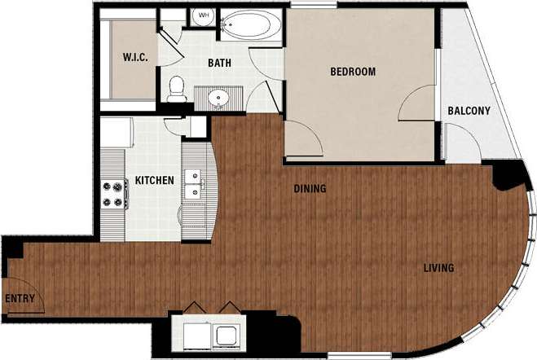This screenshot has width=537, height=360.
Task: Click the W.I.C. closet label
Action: click(x=134, y=57)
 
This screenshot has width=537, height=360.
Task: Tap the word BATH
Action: click(x=219, y=63)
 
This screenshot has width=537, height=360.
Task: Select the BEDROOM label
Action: click(x=352, y=72)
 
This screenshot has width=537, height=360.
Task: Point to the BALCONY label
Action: click(x=469, y=111)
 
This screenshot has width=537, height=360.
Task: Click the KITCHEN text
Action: click(x=154, y=180)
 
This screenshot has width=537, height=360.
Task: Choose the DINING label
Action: click(x=310, y=189)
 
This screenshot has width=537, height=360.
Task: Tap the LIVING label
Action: click(x=438, y=268)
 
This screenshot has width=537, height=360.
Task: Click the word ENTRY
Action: click(x=20, y=298)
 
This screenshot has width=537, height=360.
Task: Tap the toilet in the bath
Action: click(x=174, y=89)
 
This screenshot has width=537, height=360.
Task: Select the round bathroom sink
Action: click(x=218, y=99)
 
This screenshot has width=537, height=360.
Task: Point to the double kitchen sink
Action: click(x=194, y=183)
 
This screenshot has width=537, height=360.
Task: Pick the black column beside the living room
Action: click(x=511, y=173)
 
